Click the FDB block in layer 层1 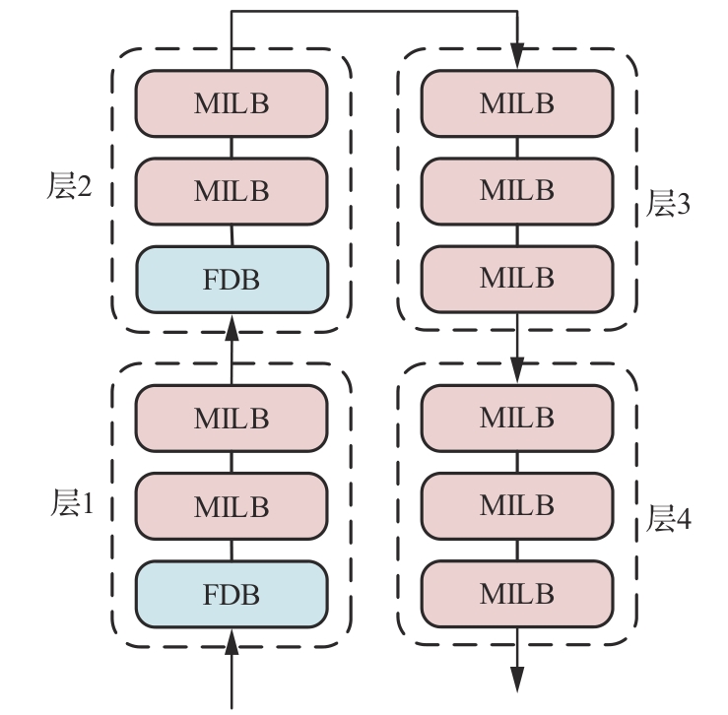(x=231, y=594)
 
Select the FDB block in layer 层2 (x=231, y=279)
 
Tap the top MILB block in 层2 (x=231, y=103)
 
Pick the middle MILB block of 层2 (x=231, y=191)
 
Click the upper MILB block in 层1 (x=231, y=418)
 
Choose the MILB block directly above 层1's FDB (x=231, y=506)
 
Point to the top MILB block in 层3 (x=517, y=103)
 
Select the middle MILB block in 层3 (x=517, y=190)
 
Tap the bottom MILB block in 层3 (x=517, y=278)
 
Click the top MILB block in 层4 (x=517, y=418)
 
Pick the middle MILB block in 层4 (x=517, y=505)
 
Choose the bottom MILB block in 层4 (x=517, y=594)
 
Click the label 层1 (x=70, y=505)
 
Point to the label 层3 (x=669, y=204)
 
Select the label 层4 (x=669, y=519)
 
